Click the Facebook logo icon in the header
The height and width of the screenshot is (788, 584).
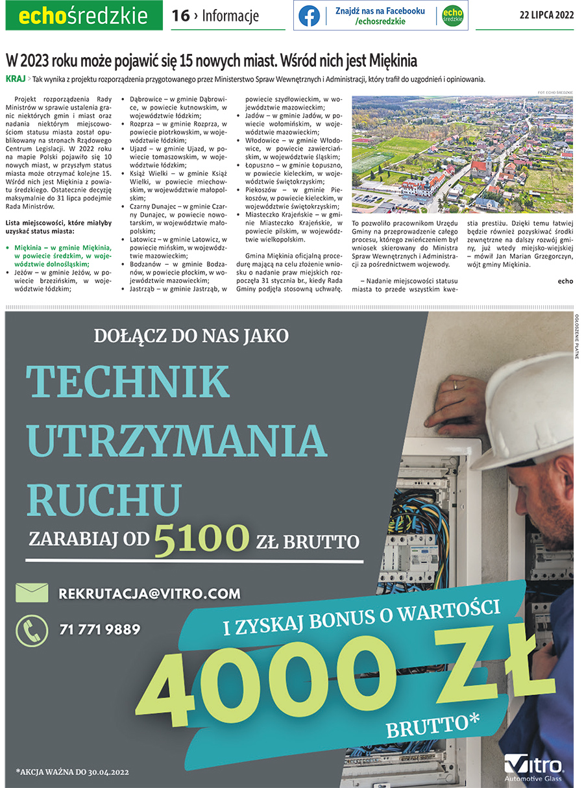[309, 16]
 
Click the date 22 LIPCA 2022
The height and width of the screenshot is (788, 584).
[546, 16]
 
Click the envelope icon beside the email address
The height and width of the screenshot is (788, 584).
[32, 593]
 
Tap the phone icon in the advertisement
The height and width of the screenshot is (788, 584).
[32, 630]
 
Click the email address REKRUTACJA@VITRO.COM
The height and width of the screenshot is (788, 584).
[149, 593]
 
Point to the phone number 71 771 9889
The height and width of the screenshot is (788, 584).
[99, 630]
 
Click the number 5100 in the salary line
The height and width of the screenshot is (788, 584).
[202, 539]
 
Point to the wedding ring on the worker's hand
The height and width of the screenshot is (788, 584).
[456, 385]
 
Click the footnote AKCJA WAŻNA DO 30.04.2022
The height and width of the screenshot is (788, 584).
[73, 772]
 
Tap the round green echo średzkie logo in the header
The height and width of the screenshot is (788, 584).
[452, 16]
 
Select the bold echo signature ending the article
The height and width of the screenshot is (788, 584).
[565, 281]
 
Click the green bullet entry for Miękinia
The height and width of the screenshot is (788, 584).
[62, 256]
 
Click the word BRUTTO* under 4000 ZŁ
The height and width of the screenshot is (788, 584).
[432, 726]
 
